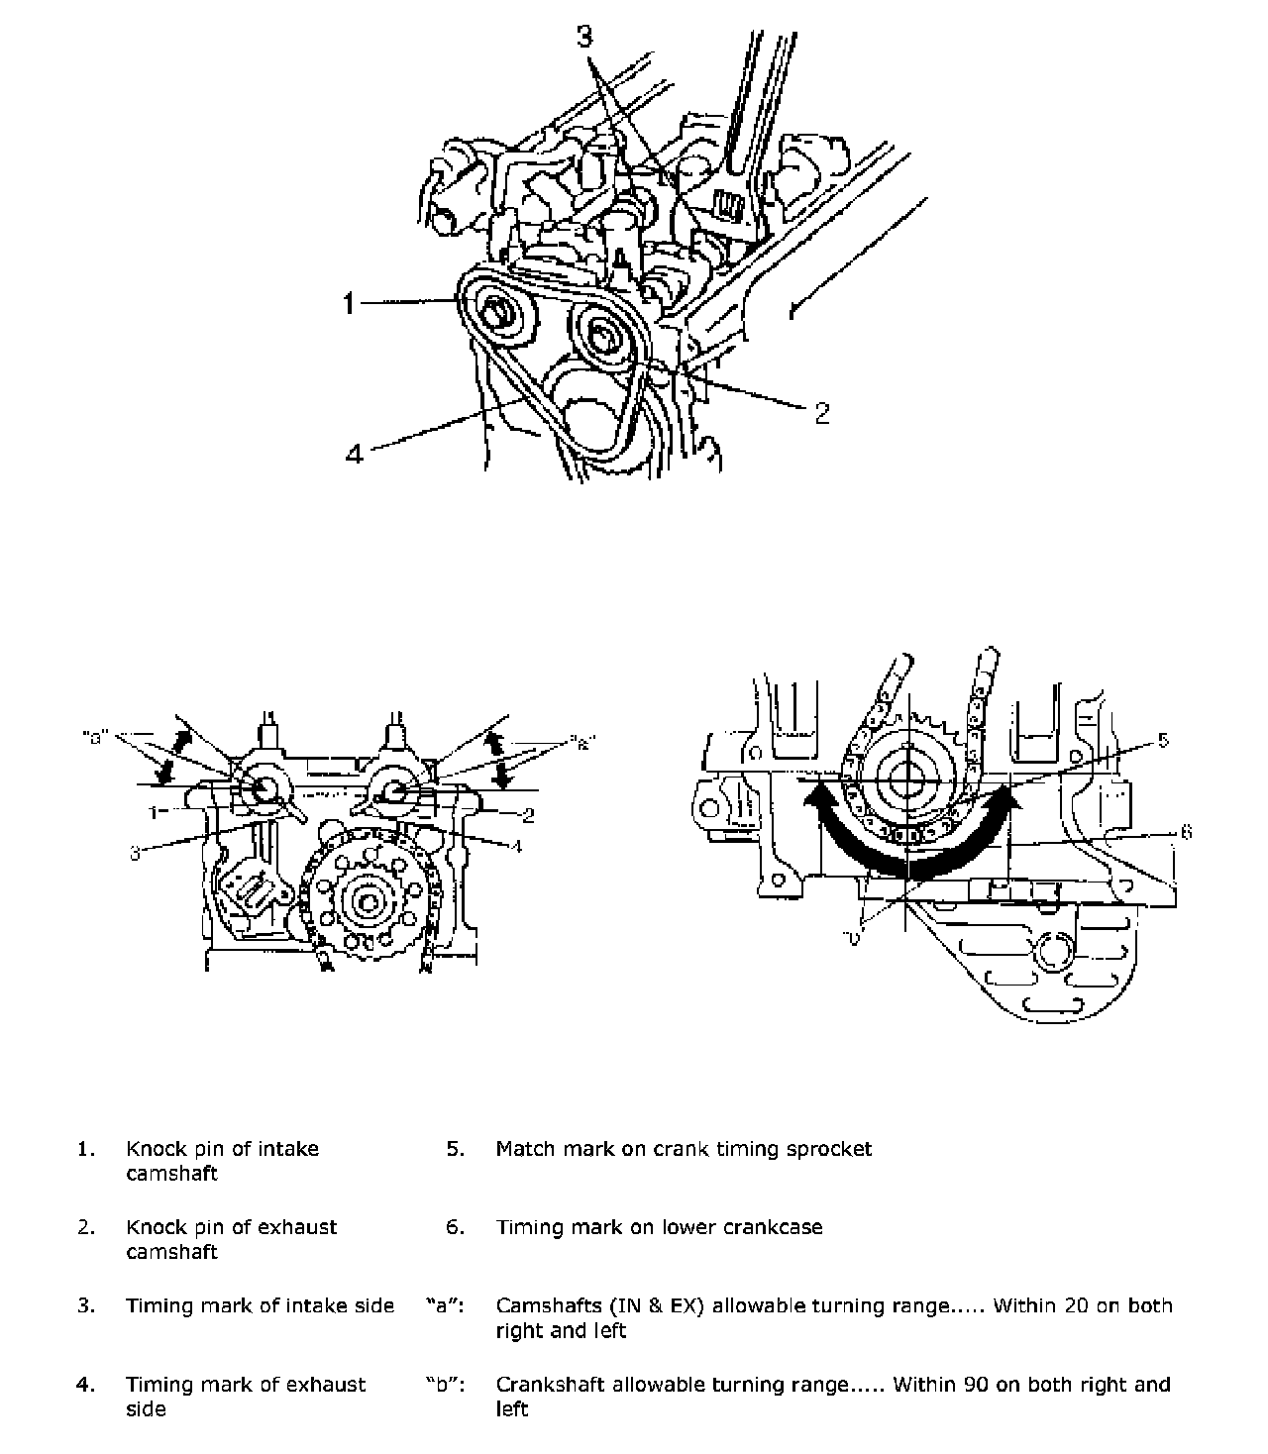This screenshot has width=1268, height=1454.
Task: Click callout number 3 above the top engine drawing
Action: coord(585,37)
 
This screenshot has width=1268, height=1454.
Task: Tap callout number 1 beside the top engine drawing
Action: coord(349,303)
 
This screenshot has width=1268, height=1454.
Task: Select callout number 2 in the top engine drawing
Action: coord(821,412)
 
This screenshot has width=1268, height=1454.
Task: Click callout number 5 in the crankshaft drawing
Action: coord(1163,740)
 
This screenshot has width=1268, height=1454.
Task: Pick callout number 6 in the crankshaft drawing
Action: coord(1185,833)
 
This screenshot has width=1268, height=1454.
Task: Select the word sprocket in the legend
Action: coord(828,1149)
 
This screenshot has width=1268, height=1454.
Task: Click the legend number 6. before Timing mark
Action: coord(455,1227)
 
